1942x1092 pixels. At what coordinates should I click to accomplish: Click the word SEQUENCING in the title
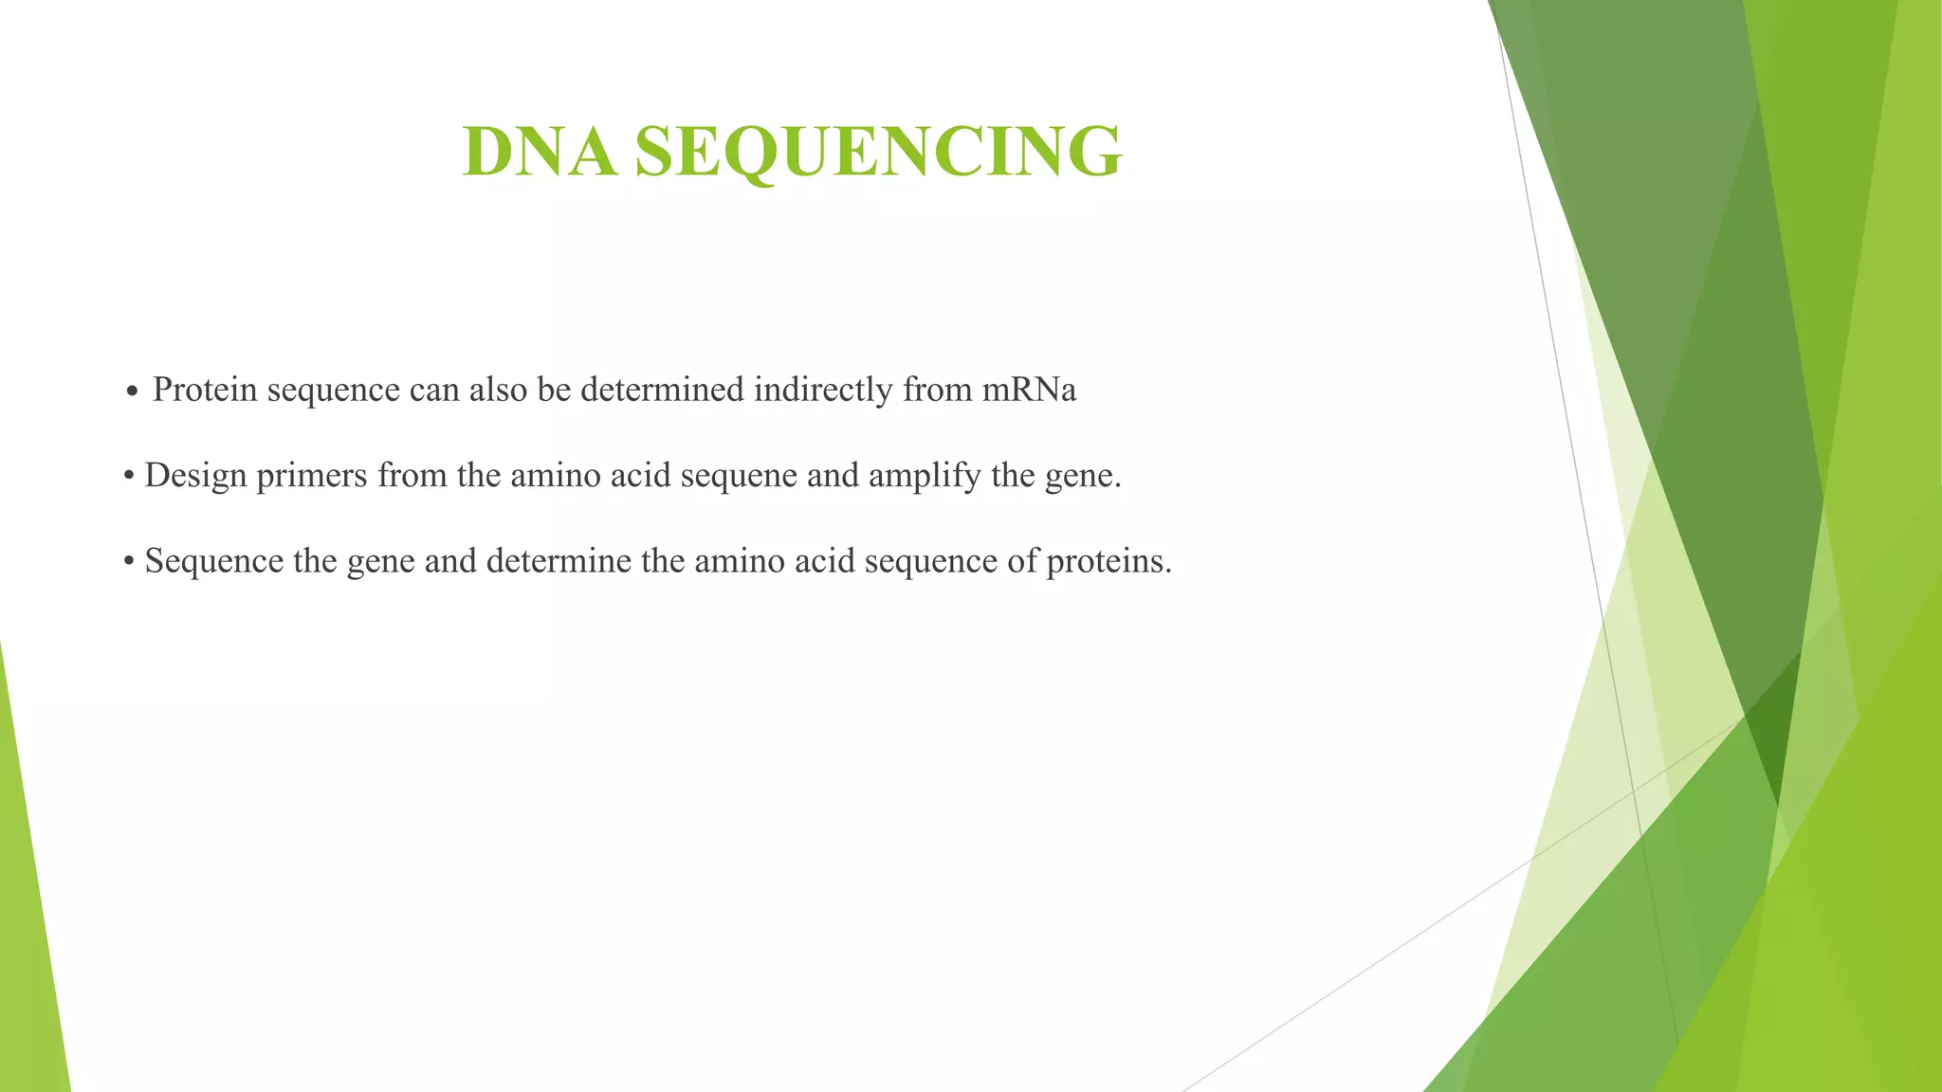(878, 152)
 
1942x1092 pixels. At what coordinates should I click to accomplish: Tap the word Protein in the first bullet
(205, 390)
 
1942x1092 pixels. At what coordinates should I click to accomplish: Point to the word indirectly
(823, 390)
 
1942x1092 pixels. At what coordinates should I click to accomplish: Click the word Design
(195, 475)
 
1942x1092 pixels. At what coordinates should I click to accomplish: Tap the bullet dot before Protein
(132, 391)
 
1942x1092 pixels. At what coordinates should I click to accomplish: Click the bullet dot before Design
(129, 477)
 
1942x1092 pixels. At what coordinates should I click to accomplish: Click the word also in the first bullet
(498, 390)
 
